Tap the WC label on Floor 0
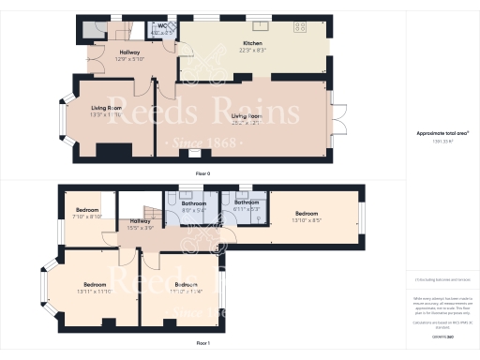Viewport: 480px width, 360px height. point(161,27)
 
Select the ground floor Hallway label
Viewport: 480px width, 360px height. point(128,52)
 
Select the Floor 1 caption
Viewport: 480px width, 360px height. point(202,344)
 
